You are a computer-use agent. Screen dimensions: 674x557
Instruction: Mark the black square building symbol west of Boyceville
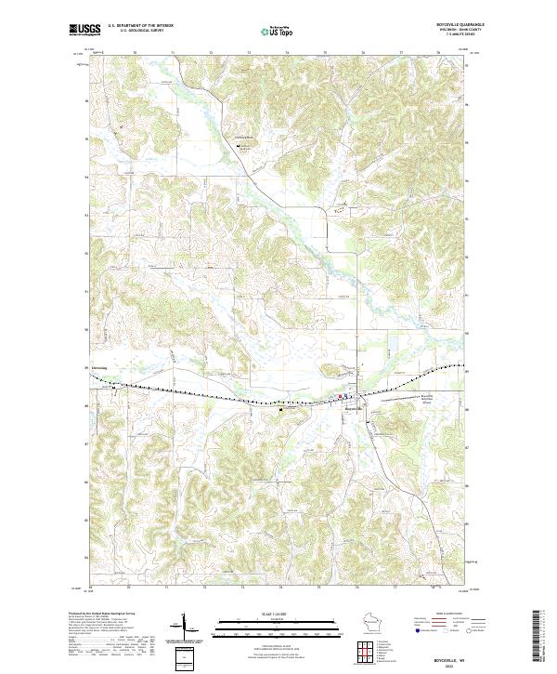click(282, 406)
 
